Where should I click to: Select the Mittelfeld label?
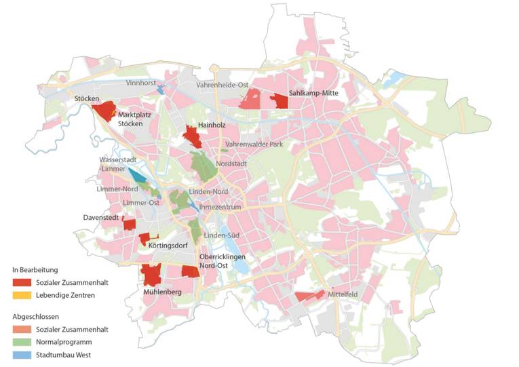pos(343,296)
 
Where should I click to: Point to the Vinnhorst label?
pos(141,82)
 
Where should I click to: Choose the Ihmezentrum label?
pos(221,206)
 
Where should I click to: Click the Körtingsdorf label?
pos(169,247)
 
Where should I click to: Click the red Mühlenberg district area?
pos(151,275)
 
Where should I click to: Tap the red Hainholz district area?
pos(192,137)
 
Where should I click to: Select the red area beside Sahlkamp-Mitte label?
pos(280,102)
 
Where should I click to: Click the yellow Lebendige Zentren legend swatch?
pos(21,295)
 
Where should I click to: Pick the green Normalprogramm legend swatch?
pos(21,342)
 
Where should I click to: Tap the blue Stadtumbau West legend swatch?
pos(21,355)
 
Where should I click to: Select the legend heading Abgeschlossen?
pos(35,316)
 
